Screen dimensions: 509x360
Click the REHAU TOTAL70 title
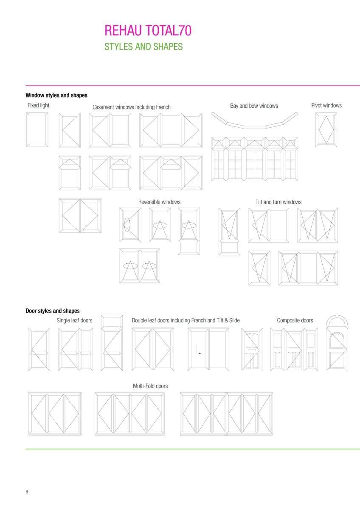pyautogui.click(x=148, y=31)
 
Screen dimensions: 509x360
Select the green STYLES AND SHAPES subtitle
pyautogui.click(x=143, y=47)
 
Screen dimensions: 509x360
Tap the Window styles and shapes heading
pyautogui.click(x=56, y=95)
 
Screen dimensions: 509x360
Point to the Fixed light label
pyautogui.click(x=38, y=105)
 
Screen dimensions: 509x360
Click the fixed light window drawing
pyautogui.click(x=37, y=129)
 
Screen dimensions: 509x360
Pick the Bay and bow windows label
pyautogui.click(x=254, y=106)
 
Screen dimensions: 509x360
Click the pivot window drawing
pyautogui.click(x=326, y=129)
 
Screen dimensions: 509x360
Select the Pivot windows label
pyautogui.click(x=326, y=105)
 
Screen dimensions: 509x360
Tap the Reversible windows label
pyautogui.click(x=159, y=202)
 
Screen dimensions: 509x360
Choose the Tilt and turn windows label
pyautogui.click(x=278, y=202)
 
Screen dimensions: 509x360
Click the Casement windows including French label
pyautogui.click(x=132, y=107)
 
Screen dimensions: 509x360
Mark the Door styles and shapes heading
pyautogui.click(x=53, y=311)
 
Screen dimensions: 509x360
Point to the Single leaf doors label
pyautogui.click(x=74, y=320)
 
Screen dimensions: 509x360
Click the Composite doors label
pyautogui.click(x=295, y=320)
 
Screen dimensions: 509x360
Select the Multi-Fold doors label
pyautogui.click(x=150, y=386)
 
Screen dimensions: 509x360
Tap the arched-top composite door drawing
pyautogui.click(x=337, y=344)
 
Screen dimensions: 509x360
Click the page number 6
pyautogui.click(x=27, y=492)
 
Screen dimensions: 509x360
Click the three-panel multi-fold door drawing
pyautogui.click(x=55, y=414)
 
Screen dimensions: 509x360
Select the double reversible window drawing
pyautogui.click(x=140, y=266)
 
